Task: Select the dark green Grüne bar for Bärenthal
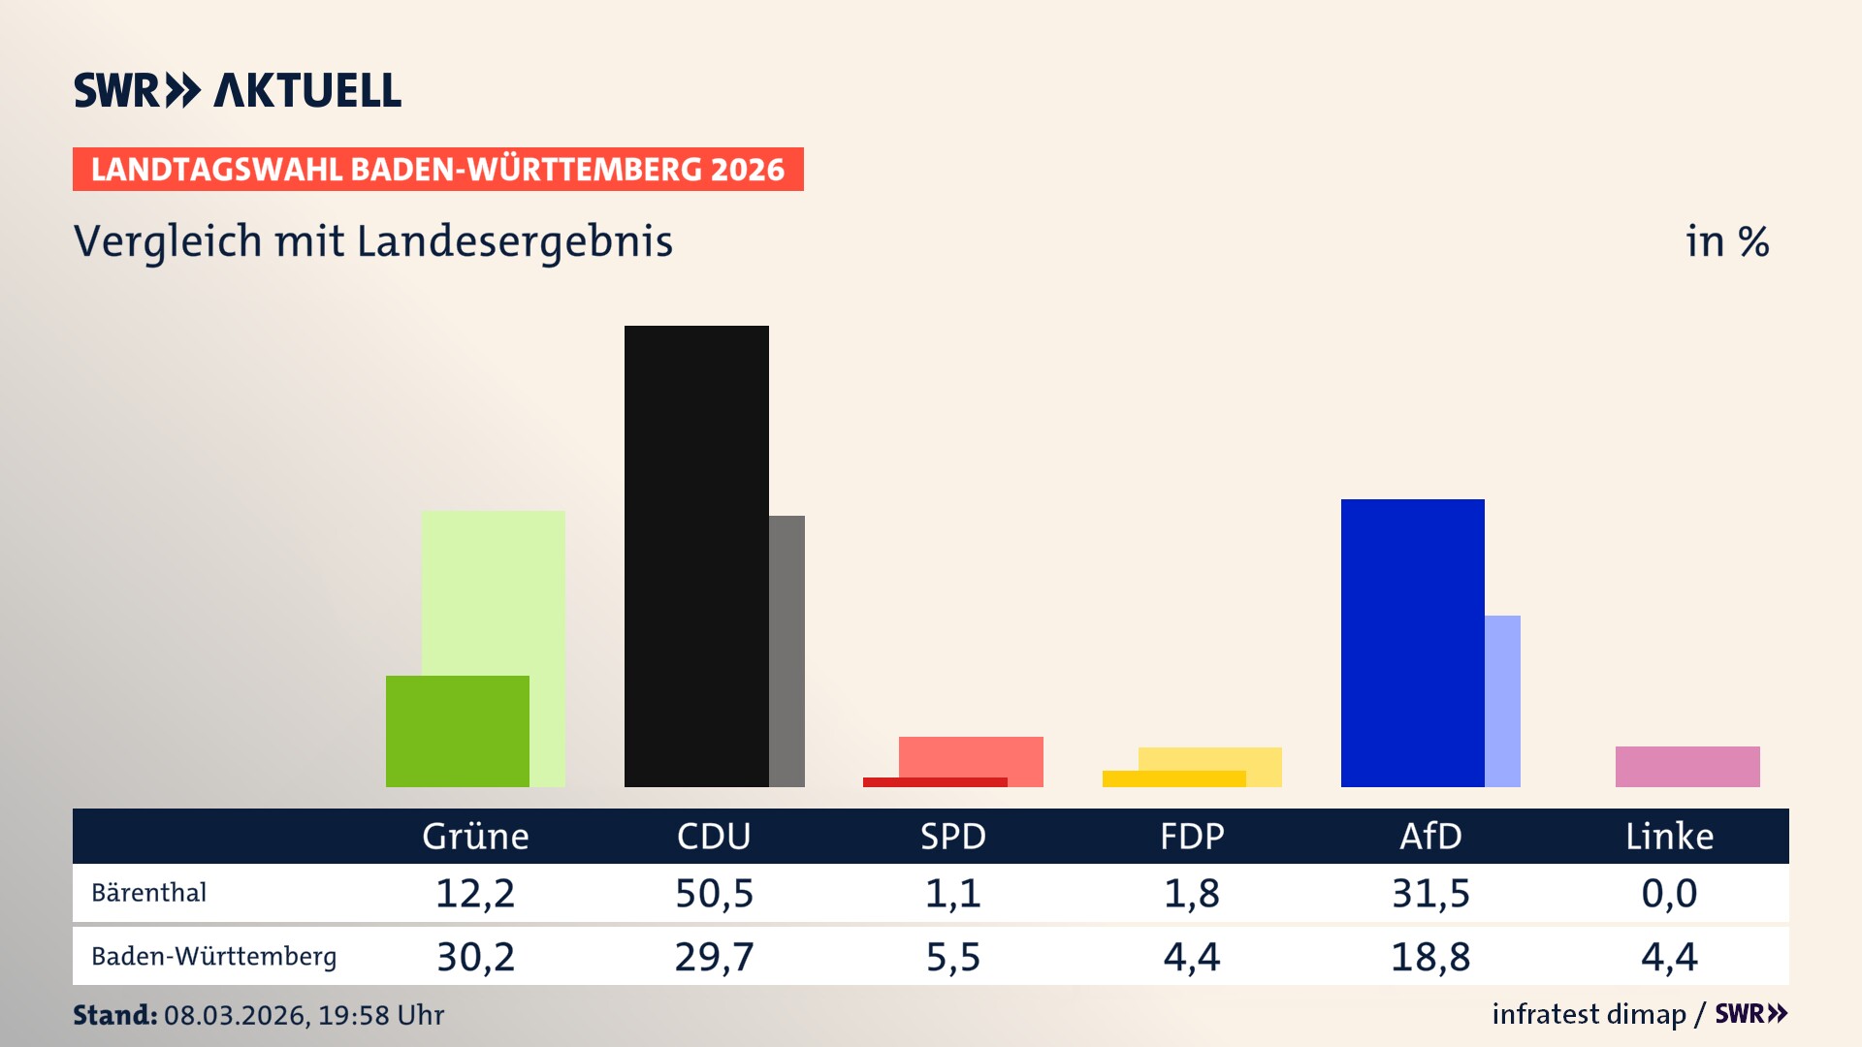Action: pyautogui.click(x=457, y=731)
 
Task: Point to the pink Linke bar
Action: pyautogui.click(x=1687, y=766)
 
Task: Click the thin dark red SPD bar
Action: pyautogui.click(x=935, y=782)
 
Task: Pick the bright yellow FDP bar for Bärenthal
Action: pyautogui.click(x=1173, y=778)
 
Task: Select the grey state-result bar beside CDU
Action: pyautogui.click(x=787, y=650)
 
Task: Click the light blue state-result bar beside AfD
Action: pyautogui.click(x=1502, y=701)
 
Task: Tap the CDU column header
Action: pyautogui.click(x=714, y=836)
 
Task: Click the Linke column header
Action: pyautogui.click(x=1669, y=836)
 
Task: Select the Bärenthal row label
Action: pyautogui.click(x=148, y=892)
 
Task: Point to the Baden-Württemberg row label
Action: pyautogui.click(x=213, y=956)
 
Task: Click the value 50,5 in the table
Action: pyautogui.click(x=714, y=893)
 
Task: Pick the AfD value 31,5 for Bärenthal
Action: pyautogui.click(x=1430, y=893)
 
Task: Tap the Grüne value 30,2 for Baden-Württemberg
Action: pyautogui.click(x=475, y=957)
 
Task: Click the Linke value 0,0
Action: pyautogui.click(x=1669, y=893)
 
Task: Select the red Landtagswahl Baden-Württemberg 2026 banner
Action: pyautogui.click(x=437, y=169)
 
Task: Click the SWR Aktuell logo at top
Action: pyautogui.click(x=237, y=90)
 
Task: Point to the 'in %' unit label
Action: pyautogui.click(x=1726, y=241)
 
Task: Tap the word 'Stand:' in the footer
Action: pyautogui.click(x=114, y=1015)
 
